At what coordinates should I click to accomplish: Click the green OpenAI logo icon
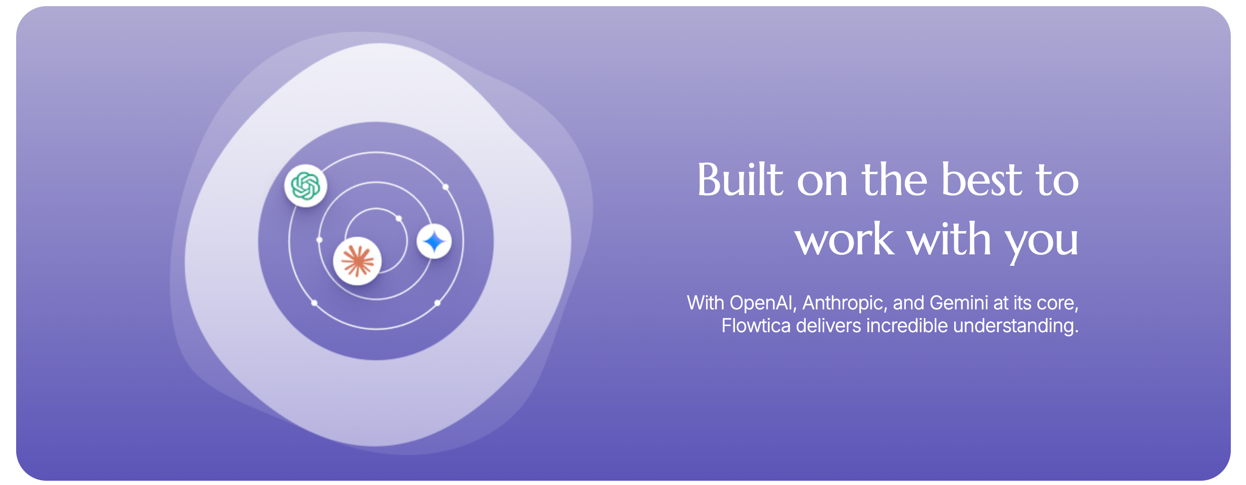click(306, 186)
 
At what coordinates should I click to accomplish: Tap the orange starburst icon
click(357, 261)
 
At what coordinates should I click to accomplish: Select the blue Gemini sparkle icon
click(434, 241)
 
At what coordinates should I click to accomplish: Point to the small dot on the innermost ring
click(399, 219)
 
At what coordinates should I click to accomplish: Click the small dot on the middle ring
click(319, 240)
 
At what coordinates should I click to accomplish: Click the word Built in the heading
click(740, 180)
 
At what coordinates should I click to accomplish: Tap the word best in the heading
click(981, 180)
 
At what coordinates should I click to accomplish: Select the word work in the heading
click(845, 239)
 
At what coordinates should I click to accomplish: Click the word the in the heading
click(894, 180)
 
